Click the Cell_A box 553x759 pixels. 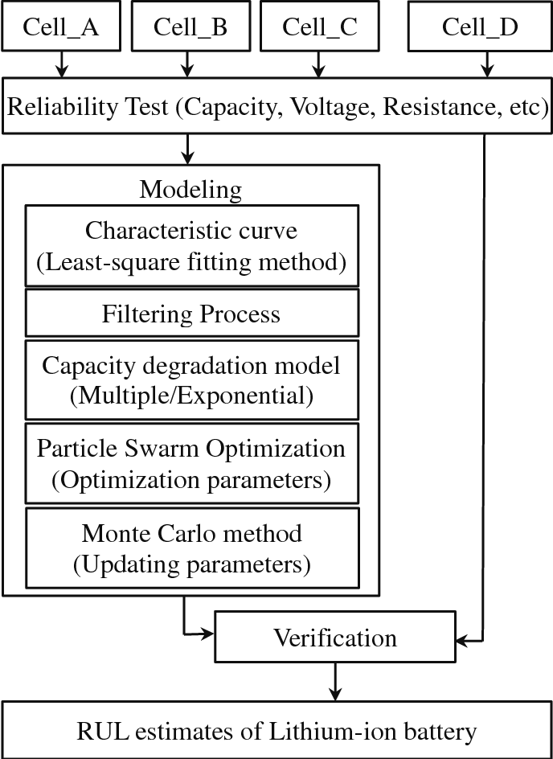pos(61,27)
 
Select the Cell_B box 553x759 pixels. pos(190,27)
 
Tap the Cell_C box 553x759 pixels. pos(319,27)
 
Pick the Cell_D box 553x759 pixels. pos(480,27)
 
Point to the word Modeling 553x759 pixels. pos(190,190)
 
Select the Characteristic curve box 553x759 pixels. pos(191,245)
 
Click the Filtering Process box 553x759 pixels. pos(191,314)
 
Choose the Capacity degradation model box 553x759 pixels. pos(191,379)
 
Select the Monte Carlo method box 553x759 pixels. pos(191,548)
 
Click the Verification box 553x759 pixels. pos(335,638)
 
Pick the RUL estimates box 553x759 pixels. pos(276,731)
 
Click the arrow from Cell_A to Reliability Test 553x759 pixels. pos(61,64)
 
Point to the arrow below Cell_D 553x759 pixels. pos(485,64)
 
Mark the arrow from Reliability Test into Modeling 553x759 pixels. pos(187,148)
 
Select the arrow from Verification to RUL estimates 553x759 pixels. pos(336,683)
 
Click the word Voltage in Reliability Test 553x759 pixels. pos(335,107)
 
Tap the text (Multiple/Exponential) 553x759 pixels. pos(191,394)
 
